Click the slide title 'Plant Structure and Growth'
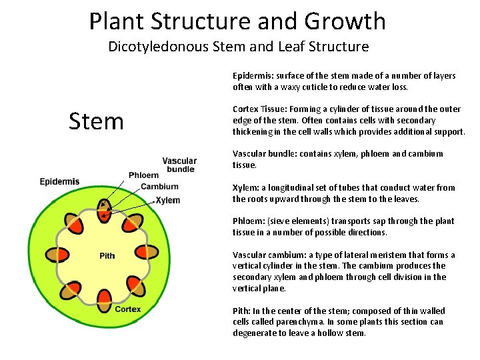237,21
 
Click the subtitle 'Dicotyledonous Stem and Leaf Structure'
238,47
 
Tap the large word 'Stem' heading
97,121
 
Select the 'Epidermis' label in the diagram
59,181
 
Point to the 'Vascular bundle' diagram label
179,165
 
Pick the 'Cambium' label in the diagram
159,187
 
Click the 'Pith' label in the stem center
107,255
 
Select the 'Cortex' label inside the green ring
128,309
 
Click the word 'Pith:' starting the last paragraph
242,311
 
